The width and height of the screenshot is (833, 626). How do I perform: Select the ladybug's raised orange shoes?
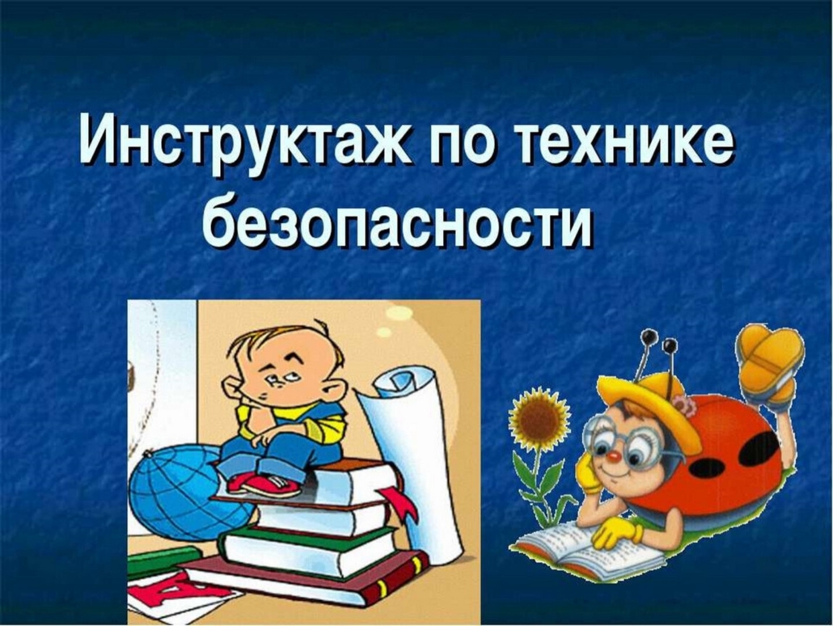(770, 362)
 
